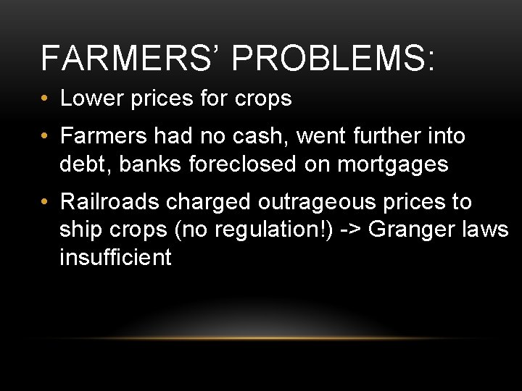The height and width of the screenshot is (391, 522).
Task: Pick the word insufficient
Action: coord(116,258)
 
